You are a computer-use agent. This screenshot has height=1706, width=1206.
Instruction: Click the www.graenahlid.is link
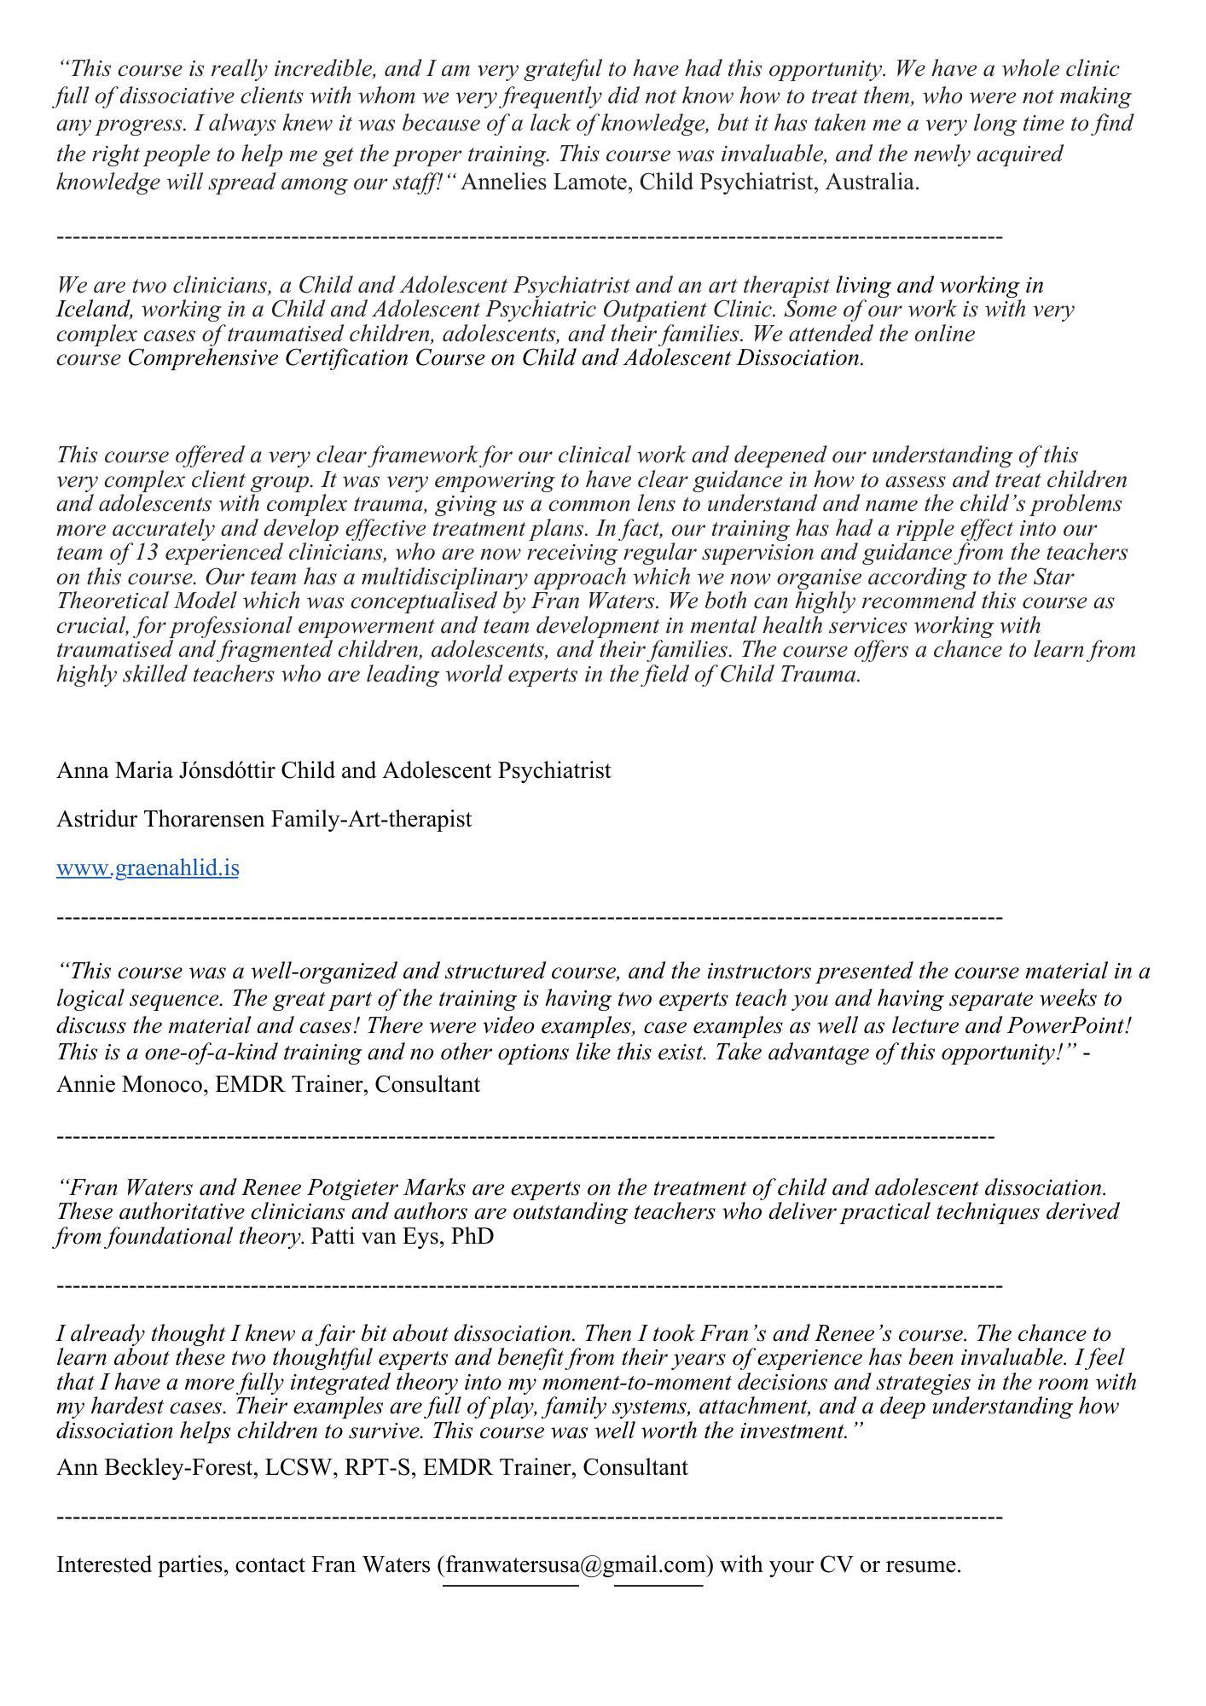point(148,868)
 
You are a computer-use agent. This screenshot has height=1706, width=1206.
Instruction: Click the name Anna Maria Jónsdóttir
point(165,771)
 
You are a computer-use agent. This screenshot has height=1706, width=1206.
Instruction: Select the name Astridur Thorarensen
point(160,820)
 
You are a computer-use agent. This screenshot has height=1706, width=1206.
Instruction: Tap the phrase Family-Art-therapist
point(371,820)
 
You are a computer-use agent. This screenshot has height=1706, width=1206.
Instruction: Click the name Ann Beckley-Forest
point(156,1467)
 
